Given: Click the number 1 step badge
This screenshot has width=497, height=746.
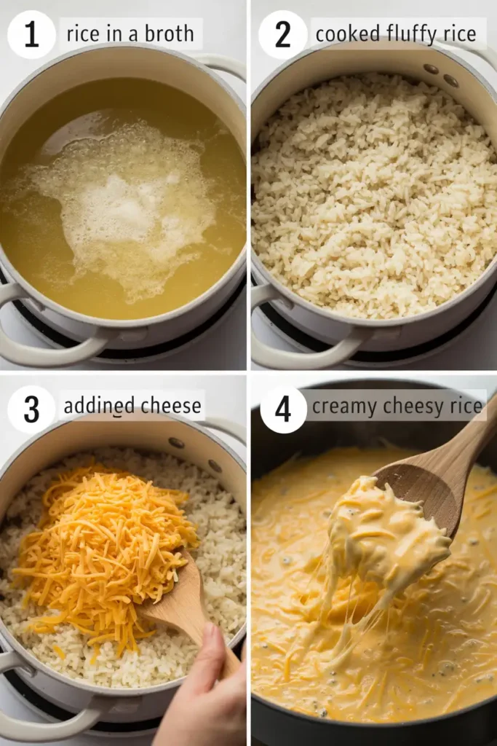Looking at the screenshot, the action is tap(31, 34).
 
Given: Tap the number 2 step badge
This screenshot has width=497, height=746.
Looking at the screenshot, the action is tap(283, 34).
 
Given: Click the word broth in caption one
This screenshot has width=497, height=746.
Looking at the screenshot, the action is tap(169, 34).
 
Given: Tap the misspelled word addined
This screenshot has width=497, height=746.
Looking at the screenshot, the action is tap(98, 405).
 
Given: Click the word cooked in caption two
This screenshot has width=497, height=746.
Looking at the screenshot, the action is tap(347, 34).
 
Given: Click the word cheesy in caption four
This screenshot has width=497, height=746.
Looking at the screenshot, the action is tap(413, 407).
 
